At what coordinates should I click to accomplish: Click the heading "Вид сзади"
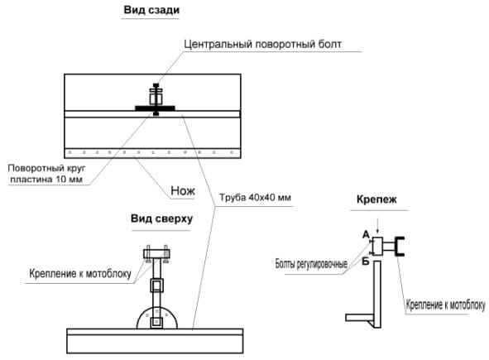(x=151, y=10)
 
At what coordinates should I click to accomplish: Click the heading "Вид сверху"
(x=161, y=218)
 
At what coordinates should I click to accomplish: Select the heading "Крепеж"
(x=376, y=199)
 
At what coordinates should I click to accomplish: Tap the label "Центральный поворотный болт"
(x=262, y=44)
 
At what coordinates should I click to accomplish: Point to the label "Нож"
(x=183, y=190)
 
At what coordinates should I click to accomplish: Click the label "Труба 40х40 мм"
(x=255, y=198)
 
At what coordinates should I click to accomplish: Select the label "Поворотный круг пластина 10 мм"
(x=46, y=174)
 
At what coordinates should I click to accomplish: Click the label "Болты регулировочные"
(x=311, y=264)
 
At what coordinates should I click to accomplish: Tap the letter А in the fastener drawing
(x=366, y=234)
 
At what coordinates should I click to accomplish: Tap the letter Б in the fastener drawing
(x=366, y=261)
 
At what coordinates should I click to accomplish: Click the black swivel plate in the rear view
(x=155, y=108)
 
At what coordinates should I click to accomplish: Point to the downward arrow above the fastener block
(x=377, y=226)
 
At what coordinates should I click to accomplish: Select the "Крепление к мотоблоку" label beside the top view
(x=80, y=274)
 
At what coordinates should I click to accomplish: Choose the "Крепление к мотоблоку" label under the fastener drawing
(x=445, y=305)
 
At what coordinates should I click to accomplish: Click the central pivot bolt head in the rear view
(x=156, y=85)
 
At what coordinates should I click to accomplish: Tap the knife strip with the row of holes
(x=152, y=153)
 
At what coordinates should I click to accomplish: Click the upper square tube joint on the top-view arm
(x=157, y=286)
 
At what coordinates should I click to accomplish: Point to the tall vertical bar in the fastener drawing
(x=377, y=294)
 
